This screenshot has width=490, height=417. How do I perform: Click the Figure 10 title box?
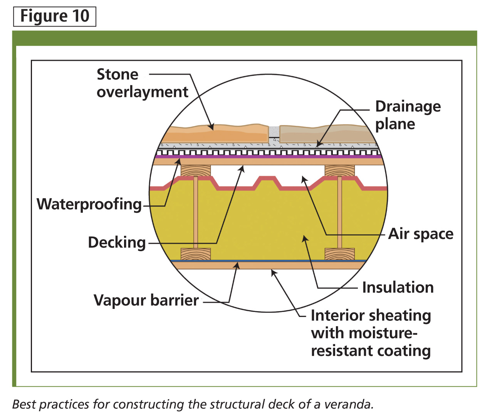click(x=55, y=17)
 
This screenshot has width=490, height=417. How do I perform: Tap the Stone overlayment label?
click(x=143, y=83)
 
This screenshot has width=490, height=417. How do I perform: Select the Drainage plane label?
click(x=408, y=115)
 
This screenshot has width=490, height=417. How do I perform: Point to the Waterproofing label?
click(x=89, y=204)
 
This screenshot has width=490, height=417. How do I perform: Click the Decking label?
click(x=117, y=243)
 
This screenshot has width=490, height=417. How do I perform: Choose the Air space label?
click(x=421, y=234)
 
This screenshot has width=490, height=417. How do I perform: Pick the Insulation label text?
click(x=398, y=287)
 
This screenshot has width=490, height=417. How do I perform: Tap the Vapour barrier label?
click(x=146, y=300)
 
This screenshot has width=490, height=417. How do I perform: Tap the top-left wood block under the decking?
click(x=196, y=171)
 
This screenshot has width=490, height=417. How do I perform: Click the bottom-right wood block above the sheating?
click(x=339, y=254)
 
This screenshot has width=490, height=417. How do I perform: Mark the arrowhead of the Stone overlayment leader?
click(x=212, y=127)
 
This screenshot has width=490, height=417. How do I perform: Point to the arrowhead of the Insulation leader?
click(x=304, y=239)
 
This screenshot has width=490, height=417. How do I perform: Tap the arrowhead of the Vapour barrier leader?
click(x=237, y=266)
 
